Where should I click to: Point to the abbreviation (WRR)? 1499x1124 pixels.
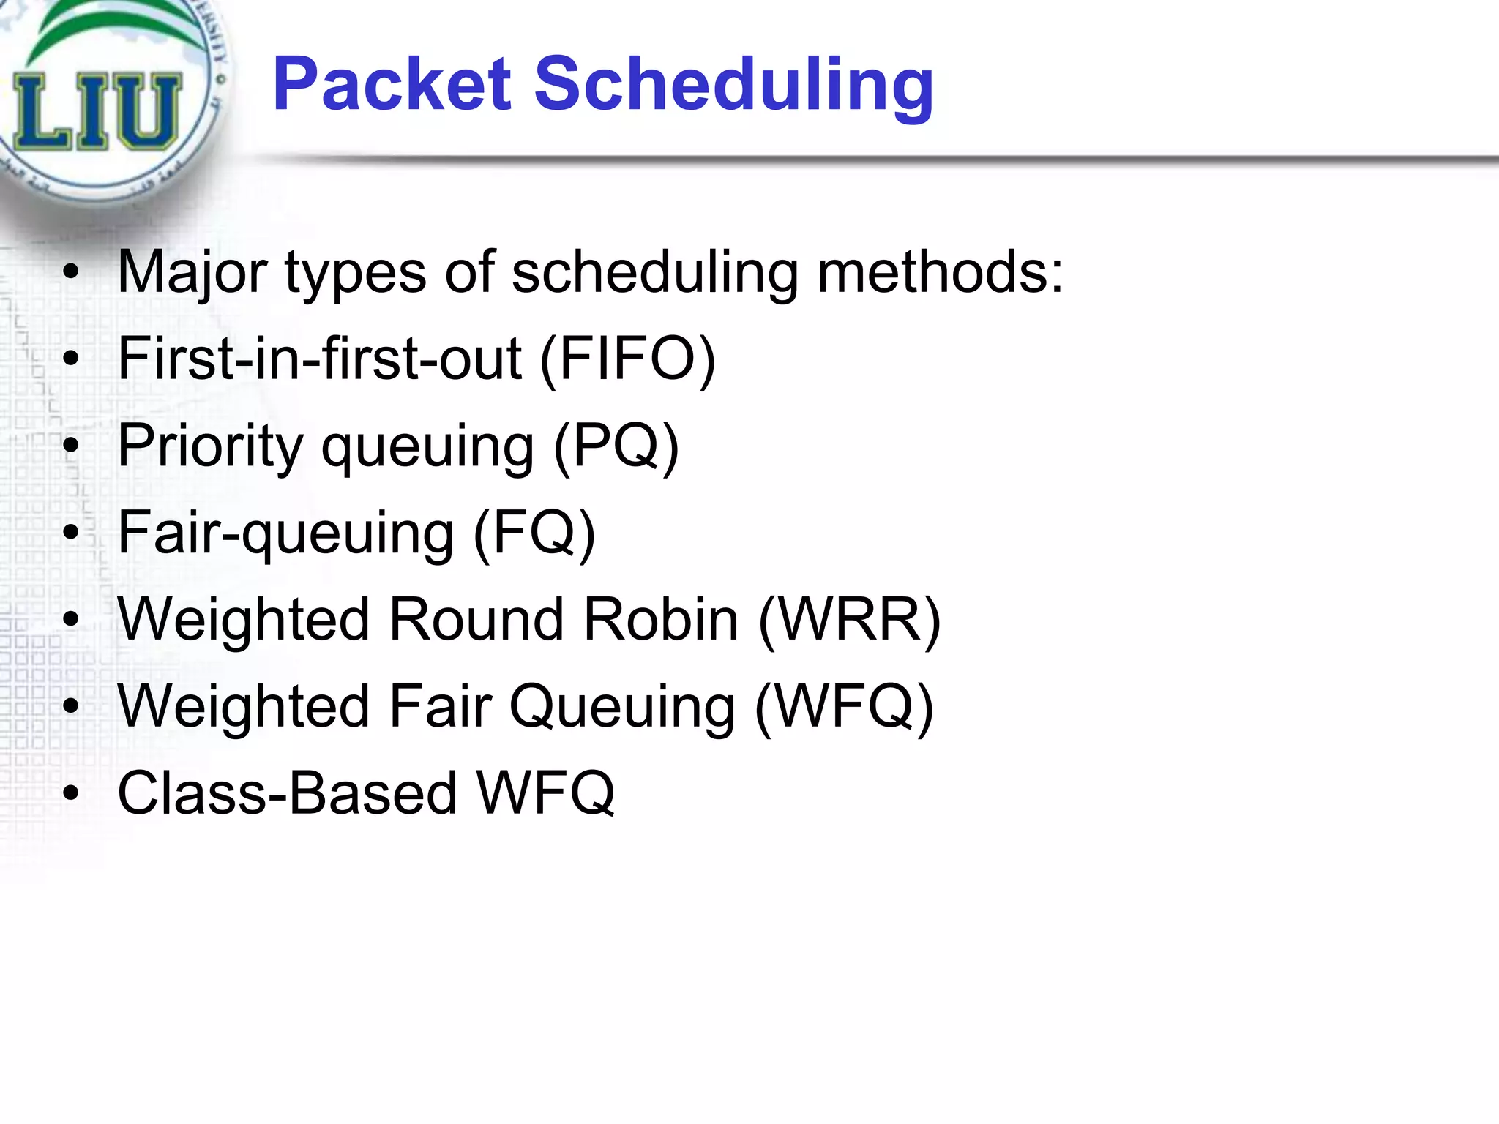point(849,620)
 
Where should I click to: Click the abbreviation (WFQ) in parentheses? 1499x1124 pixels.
point(844,706)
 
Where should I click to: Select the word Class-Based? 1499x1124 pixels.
point(287,793)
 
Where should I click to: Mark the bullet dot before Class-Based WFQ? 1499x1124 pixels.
point(70,793)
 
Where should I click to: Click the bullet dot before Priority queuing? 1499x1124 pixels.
point(70,446)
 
